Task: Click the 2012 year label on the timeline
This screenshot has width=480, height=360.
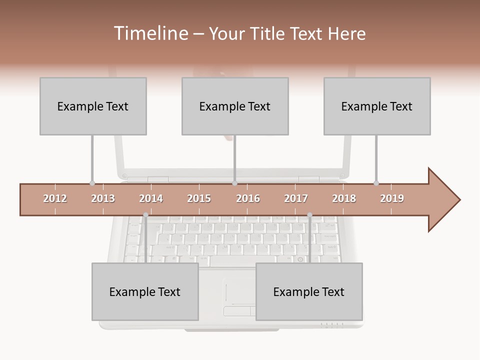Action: coord(55,198)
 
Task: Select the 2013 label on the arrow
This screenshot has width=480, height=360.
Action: coord(103,198)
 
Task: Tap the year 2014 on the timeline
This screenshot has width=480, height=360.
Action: coord(151,198)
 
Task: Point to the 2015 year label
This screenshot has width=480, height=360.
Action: coord(199,198)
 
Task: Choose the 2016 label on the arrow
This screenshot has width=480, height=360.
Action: coord(248,198)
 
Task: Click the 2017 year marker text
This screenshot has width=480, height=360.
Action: coord(296,198)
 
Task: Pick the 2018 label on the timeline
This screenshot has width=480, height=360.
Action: coord(344,198)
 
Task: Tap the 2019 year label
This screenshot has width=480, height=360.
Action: coord(392,198)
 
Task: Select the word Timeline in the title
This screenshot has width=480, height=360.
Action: coord(150,33)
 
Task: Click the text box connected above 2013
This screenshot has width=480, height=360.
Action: coord(93,106)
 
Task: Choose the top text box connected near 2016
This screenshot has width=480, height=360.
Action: coord(235,106)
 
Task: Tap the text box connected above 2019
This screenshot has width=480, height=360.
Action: coord(377,106)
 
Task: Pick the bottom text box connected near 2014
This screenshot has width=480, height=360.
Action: coord(145,291)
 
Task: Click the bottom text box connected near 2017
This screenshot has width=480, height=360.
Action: coord(309,291)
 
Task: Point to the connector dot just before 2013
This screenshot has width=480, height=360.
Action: coord(92,183)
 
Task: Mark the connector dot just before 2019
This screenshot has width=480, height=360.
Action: coord(376,183)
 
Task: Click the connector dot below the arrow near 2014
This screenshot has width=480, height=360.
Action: coord(145,215)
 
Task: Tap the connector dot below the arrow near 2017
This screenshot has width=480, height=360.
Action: coord(309,215)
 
